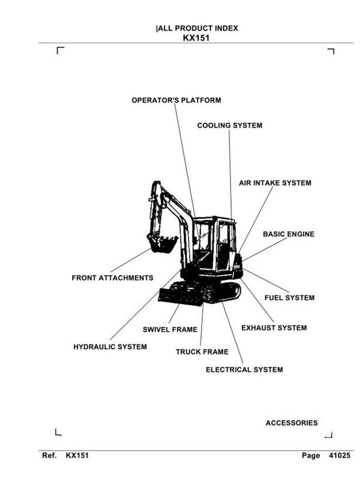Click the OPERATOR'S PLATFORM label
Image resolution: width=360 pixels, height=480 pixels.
point(176,100)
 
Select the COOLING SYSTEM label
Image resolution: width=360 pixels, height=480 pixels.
point(229,125)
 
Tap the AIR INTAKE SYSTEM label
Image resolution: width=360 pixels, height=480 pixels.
point(275,182)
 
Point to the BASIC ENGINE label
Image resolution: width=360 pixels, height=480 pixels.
point(288,234)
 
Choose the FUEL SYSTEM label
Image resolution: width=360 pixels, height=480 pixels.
point(289,298)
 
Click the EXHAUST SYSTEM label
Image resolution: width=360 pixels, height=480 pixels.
point(274,328)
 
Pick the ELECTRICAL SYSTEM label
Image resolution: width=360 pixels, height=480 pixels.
point(244,370)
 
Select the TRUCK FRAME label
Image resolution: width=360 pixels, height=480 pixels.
point(202,352)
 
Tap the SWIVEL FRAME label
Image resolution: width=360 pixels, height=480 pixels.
point(170,329)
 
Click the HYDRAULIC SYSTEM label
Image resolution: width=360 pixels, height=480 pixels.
point(110,347)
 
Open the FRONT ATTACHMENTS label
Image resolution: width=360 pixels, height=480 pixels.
point(112,278)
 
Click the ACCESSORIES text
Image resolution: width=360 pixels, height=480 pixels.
point(292,423)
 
